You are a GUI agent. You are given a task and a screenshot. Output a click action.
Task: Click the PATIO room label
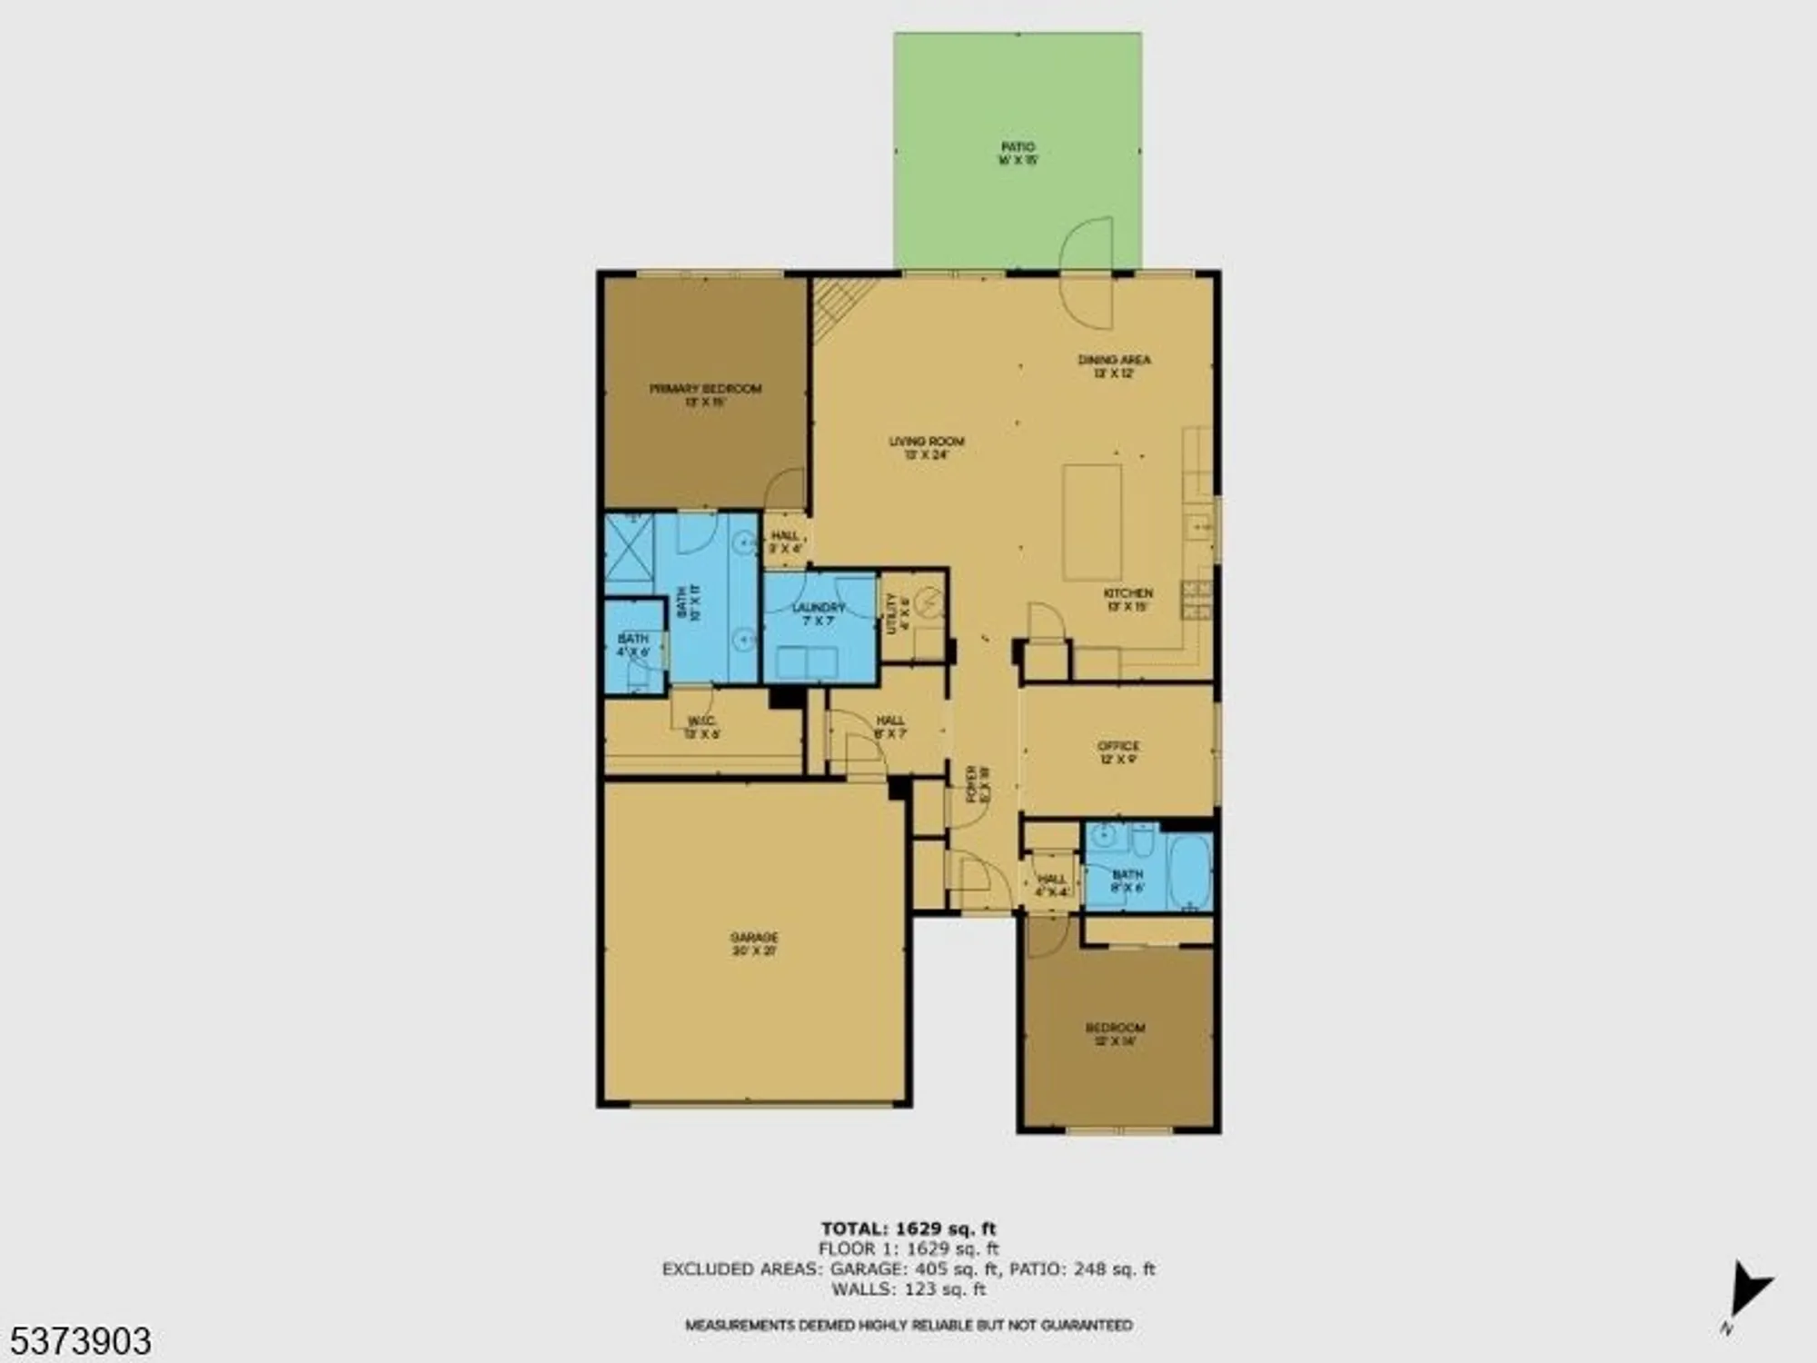point(1018,153)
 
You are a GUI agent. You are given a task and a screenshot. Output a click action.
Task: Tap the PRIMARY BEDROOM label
point(705,394)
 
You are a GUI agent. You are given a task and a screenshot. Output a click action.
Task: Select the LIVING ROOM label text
point(926,447)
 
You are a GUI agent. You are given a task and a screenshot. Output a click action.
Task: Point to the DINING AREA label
point(1114,365)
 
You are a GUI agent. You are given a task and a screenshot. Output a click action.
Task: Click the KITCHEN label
point(1127,599)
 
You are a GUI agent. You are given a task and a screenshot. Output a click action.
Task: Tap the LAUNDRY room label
point(819,613)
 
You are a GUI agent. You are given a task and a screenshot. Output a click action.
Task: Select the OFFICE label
point(1117,751)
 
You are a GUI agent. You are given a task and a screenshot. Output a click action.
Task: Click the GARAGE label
point(754,943)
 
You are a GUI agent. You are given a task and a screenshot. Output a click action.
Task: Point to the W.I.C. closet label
point(702,727)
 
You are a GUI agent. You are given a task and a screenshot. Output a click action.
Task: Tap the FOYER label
point(978,783)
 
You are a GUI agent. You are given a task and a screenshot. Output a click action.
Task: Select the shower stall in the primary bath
point(629,547)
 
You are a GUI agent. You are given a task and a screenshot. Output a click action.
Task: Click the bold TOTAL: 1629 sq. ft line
point(908,1229)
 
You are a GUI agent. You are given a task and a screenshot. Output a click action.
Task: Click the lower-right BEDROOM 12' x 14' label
point(1115,1034)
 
